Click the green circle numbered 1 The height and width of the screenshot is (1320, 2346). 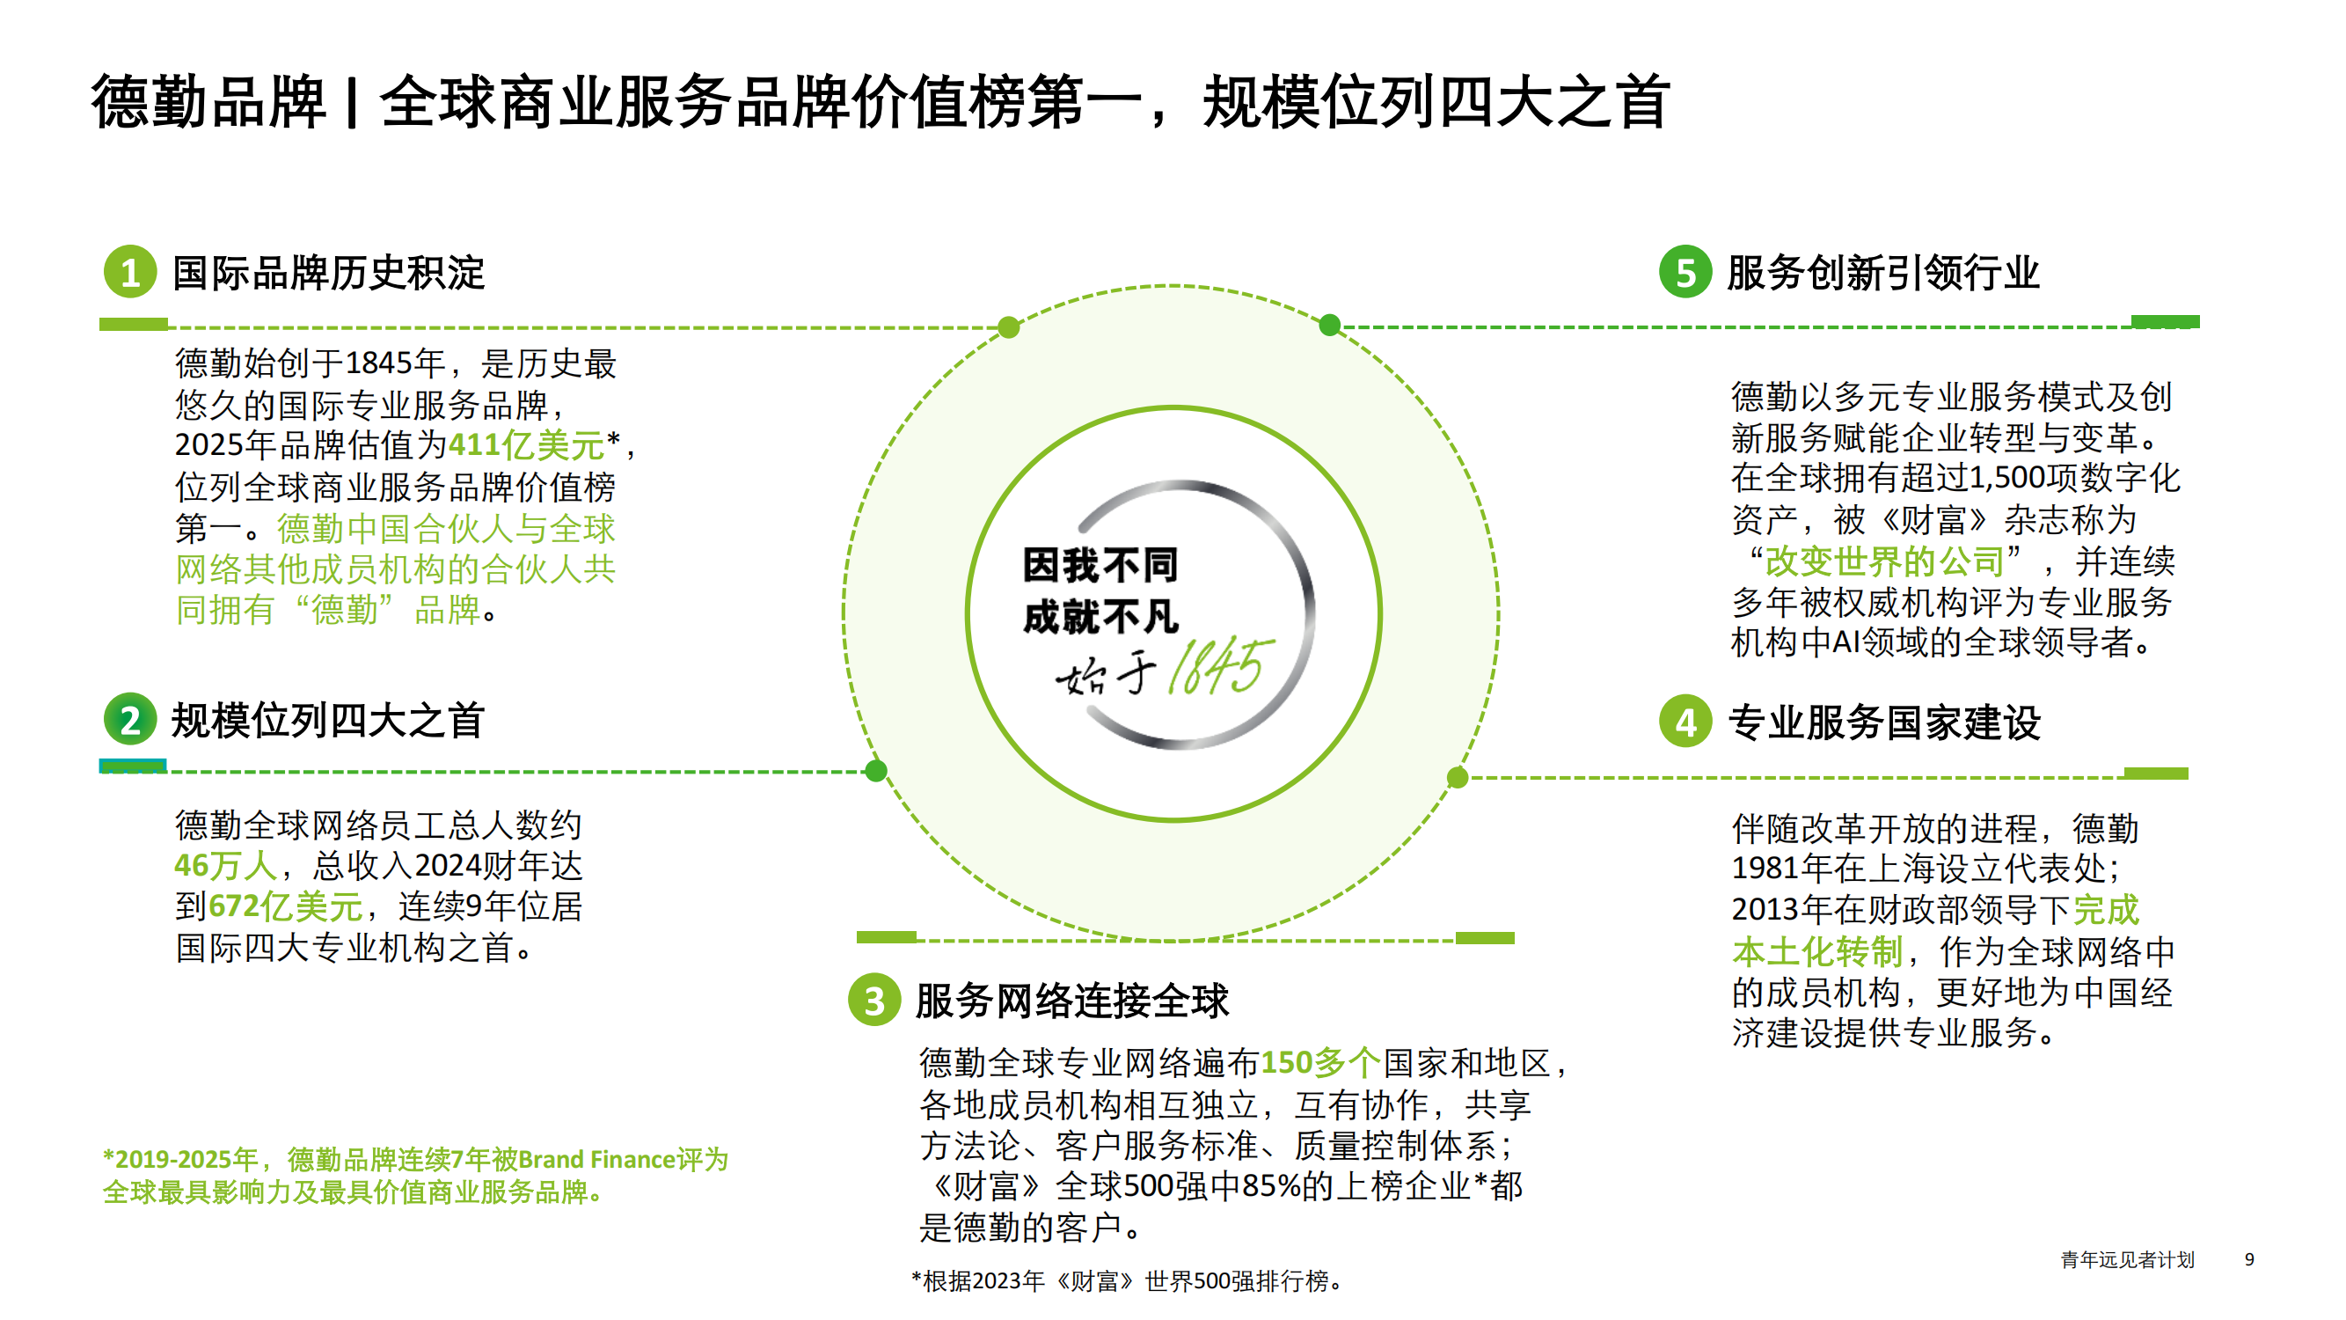[x=130, y=271]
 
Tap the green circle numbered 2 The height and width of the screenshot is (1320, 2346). [x=130, y=720]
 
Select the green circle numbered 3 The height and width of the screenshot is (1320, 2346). [x=874, y=1000]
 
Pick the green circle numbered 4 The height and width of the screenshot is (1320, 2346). [x=1685, y=722]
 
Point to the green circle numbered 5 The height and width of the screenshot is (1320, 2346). [x=1685, y=271]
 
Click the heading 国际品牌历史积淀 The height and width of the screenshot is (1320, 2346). [x=329, y=273]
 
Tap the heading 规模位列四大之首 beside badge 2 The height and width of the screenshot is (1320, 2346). [x=329, y=721]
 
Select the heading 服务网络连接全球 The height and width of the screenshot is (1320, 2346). [x=1072, y=1001]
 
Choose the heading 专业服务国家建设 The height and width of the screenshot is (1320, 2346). [x=1884, y=722]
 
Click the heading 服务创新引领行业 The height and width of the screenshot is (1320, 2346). [x=1883, y=273]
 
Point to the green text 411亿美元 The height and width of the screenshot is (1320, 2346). [x=526, y=444]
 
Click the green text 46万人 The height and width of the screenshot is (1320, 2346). [x=226, y=865]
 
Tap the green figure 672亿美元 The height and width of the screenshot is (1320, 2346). [x=286, y=906]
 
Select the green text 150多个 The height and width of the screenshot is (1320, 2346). [x=1320, y=1062]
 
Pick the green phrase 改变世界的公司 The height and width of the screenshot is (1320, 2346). [x=1884, y=561]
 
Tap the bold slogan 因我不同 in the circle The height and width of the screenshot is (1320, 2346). [x=1100, y=565]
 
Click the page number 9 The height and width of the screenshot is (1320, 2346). [x=2249, y=1259]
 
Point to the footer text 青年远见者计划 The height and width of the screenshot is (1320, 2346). [x=2128, y=1259]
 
